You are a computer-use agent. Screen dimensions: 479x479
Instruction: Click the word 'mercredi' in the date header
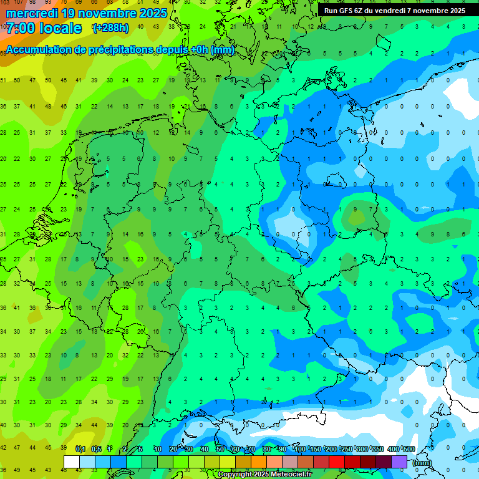pos(32,12)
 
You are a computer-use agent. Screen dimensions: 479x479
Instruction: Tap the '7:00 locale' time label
pos(44,28)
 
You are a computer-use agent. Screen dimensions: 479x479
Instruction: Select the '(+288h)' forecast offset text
pos(111,28)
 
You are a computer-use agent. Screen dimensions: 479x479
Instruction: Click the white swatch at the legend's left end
pos(72,462)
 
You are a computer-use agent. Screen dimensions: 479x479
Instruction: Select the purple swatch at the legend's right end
pos(399,462)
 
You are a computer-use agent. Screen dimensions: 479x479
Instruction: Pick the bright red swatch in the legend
pos(337,462)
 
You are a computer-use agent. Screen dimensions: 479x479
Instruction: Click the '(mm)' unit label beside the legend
pos(422,463)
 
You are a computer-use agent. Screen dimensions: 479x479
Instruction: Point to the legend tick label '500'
pos(408,450)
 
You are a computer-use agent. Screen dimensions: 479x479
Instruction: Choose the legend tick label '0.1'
pos(80,450)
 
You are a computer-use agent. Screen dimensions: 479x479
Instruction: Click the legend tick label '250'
pos(346,450)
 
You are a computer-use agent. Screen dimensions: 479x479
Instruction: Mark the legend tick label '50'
pos(220,450)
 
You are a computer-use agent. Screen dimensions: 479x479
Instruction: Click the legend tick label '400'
pos(392,450)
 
